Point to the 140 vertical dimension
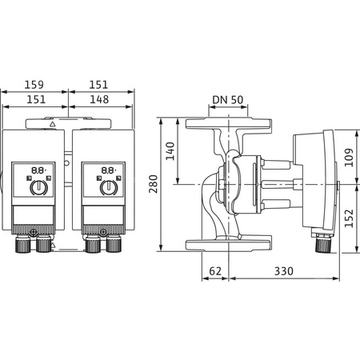click(170, 150)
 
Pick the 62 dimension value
click(214, 271)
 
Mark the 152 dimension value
click(350, 218)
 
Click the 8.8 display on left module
click(37, 170)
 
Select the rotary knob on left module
click(37, 189)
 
